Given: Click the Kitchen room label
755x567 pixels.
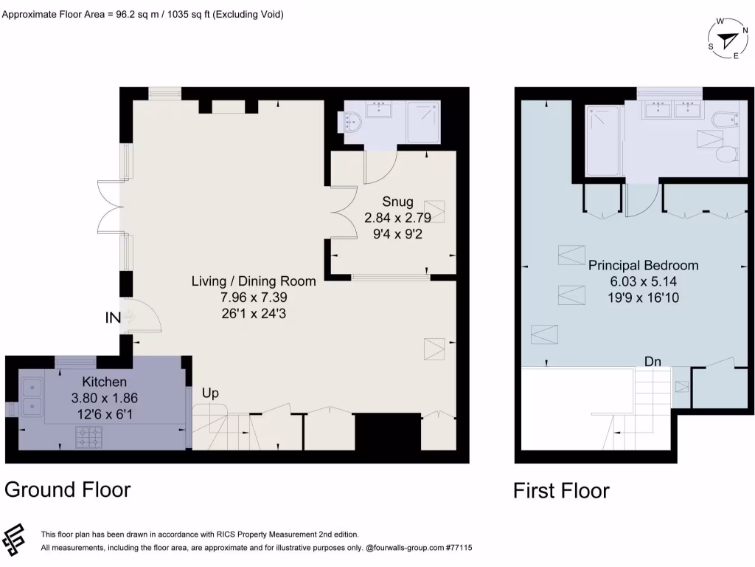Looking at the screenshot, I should pos(105,382).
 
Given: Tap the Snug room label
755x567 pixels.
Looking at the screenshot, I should pos(397,202).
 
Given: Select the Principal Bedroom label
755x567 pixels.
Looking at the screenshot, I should pos(643,265).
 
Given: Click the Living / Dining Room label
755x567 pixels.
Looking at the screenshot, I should pos(254,281).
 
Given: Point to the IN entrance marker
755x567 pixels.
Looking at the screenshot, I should pos(113,317).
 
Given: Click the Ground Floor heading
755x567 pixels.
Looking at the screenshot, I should pos(68,489).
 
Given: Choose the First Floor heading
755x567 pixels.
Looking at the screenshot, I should pos(561,490).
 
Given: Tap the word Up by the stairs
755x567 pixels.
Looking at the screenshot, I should pos(210,394).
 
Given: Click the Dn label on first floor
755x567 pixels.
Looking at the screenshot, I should pos(653,362).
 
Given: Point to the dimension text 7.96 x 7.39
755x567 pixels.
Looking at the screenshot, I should pos(254,297).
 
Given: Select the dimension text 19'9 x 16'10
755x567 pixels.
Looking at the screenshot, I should pos(643,298).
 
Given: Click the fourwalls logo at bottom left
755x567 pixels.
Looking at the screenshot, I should pos(15,541).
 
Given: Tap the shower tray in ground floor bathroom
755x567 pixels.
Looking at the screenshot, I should pos(423,122).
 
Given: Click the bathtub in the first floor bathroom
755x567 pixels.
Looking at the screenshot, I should pos(604,140).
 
